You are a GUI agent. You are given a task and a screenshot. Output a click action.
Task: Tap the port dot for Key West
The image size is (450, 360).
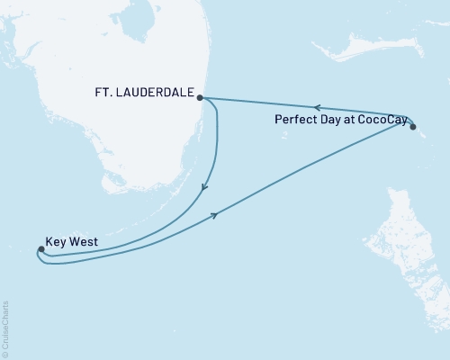40,249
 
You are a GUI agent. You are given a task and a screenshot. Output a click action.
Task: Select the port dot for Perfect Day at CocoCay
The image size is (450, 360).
413,127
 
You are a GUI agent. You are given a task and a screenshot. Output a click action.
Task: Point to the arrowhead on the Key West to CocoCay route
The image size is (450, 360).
216,214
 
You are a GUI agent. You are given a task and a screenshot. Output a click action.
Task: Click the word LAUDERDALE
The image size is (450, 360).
160,91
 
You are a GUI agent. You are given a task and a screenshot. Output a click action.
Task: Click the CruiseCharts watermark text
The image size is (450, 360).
5,324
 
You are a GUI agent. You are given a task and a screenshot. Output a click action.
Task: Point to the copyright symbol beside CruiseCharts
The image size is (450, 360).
5,353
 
